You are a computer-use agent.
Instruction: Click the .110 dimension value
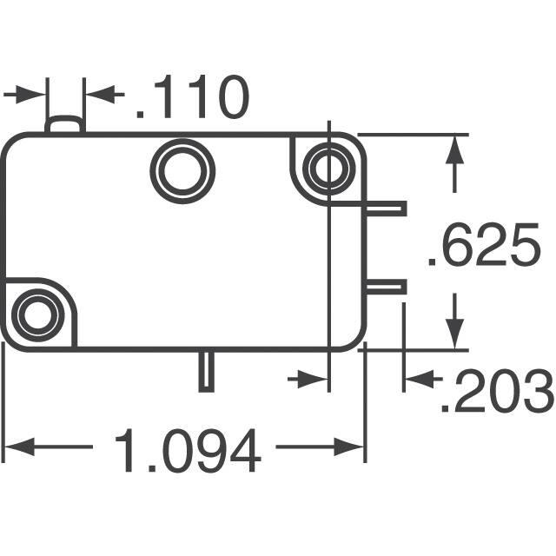[x=193, y=96]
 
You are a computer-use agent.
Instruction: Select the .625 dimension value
[x=484, y=244]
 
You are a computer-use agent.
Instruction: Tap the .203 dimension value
[x=497, y=390]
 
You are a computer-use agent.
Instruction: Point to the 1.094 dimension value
[x=188, y=450]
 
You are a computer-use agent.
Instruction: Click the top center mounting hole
[x=182, y=171]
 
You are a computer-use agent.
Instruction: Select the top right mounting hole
[x=329, y=166]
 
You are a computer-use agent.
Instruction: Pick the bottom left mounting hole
[x=38, y=314]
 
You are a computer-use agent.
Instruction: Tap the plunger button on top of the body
[x=65, y=124]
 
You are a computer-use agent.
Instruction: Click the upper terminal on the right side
[x=386, y=208]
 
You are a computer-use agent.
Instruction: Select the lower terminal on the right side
[x=386, y=287]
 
